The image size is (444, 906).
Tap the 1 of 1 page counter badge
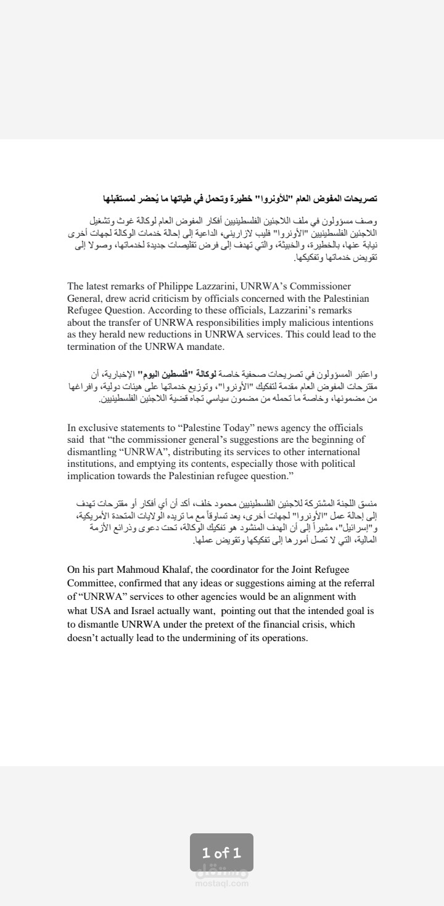(x=221, y=852)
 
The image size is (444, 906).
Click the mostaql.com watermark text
(x=221, y=883)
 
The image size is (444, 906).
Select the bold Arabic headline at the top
(x=240, y=198)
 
